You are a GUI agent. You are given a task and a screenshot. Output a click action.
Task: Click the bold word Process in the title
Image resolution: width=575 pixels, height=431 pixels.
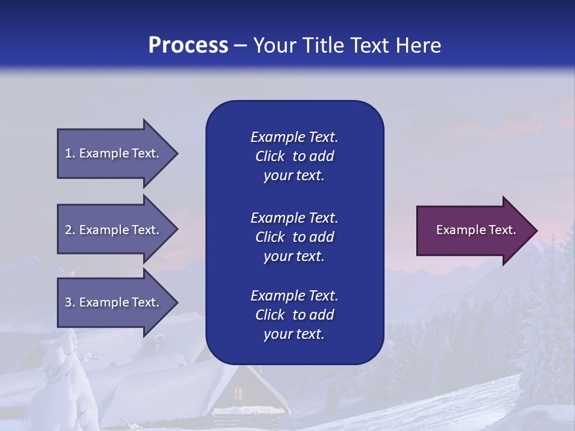[188, 45]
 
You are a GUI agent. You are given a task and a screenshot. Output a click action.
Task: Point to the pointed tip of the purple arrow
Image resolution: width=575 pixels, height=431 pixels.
[537, 230]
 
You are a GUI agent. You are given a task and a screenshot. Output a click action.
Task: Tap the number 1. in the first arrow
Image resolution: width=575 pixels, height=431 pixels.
[70, 153]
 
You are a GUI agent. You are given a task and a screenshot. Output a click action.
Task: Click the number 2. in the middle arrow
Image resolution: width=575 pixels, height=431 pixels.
[70, 230]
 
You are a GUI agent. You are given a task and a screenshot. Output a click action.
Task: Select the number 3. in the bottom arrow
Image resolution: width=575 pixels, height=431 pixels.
[70, 302]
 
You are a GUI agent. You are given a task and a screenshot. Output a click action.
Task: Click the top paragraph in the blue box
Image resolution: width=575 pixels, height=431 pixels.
[294, 156]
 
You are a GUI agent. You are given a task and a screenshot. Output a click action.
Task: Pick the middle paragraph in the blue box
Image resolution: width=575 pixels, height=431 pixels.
[294, 237]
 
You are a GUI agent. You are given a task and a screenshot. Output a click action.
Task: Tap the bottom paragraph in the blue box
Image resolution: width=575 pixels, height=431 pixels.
[294, 315]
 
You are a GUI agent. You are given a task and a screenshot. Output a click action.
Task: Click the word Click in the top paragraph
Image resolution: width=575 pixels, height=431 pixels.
[270, 156]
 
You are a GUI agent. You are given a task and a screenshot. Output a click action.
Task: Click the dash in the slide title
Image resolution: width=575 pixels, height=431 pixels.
[241, 45]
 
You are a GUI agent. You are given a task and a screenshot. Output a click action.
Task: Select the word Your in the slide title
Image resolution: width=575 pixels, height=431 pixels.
[273, 45]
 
